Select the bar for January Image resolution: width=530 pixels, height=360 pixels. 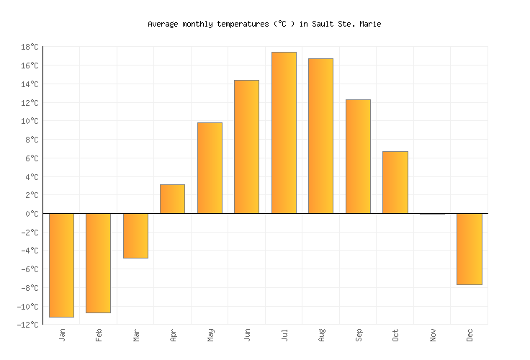(61, 265)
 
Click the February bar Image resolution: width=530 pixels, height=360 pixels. (98, 263)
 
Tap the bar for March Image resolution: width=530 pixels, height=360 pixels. (135, 235)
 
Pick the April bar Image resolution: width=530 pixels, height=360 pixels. (172, 199)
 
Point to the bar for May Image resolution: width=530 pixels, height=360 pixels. (210, 168)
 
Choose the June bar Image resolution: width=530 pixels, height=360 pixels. (246, 147)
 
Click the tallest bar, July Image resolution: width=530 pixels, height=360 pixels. (284, 132)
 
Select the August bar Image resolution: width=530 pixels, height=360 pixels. (320, 136)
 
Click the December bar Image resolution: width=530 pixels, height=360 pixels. (469, 249)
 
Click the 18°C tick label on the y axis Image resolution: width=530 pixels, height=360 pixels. (30, 47)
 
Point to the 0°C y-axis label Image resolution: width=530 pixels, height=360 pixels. (32, 214)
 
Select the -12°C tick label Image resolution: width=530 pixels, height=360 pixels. (28, 325)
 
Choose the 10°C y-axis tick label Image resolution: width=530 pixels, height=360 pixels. (30, 121)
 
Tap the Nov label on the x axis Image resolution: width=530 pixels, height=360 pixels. (434, 335)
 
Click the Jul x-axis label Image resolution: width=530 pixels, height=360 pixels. (284, 335)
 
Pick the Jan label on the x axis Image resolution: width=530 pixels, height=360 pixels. (62, 335)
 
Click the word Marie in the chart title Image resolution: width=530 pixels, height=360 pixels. (370, 24)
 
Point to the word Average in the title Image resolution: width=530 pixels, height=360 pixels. (162, 24)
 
